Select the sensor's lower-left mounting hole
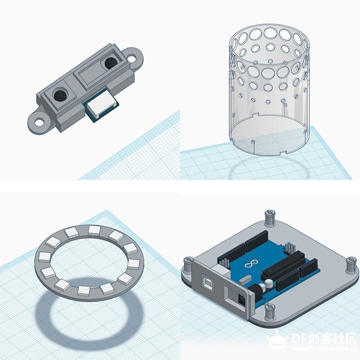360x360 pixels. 39,122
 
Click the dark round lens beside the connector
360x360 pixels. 60,95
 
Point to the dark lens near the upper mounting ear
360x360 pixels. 111,62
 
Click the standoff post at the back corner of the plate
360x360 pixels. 270,216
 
